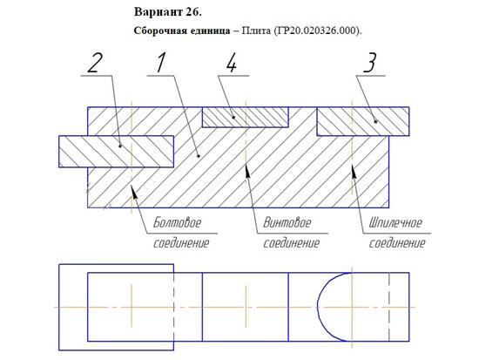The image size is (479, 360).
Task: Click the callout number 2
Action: coord(94,64)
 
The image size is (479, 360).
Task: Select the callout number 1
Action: coord(161,63)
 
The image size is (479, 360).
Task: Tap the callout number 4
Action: coord(232,64)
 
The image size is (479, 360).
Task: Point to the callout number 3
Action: coord(369,63)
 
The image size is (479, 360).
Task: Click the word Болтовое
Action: coord(177,222)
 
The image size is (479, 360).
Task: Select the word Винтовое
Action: coord(287,222)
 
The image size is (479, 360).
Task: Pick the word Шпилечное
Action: coord(395,222)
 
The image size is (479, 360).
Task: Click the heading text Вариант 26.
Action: coord(168,12)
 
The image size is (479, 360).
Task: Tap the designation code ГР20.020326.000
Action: coord(317,31)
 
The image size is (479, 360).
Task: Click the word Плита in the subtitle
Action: coord(256,31)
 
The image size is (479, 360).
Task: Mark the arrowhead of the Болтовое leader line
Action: coord(134,192)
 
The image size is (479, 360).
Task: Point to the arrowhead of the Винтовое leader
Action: coord(247,170)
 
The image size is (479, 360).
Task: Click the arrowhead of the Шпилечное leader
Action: coord(354,171)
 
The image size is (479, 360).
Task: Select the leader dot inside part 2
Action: coord(120,146)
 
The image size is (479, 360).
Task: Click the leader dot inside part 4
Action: coord(233,117)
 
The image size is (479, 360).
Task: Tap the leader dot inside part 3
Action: coord(375,122)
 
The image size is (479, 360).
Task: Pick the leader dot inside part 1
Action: coord(199,156)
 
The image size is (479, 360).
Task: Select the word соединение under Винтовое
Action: coord(291,243)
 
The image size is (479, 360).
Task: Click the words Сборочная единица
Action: coord(182,31)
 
